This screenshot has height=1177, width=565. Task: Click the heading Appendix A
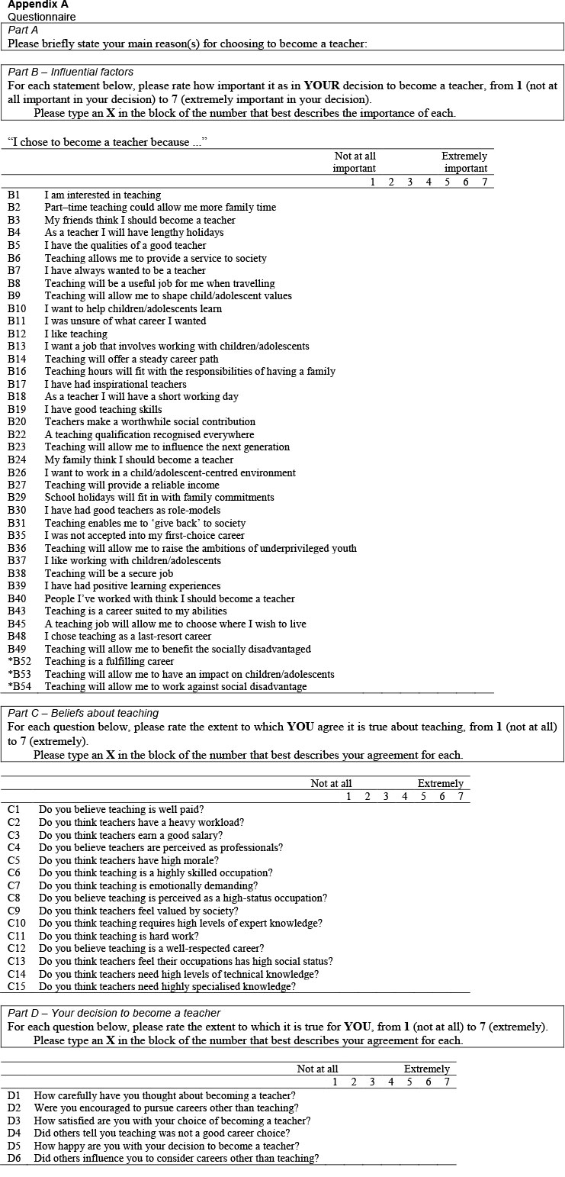[x=37, y=4]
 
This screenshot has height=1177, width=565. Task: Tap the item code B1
[x=14, y=195]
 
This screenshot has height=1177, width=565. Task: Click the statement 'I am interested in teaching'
[x=102, y=195]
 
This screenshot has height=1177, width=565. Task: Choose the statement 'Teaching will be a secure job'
[x=109, y=573]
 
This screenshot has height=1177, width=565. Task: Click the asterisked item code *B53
[x=19, y=674]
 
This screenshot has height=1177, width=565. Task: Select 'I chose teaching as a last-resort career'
[x=127, y=636]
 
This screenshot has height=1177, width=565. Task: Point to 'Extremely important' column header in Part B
[x=464, y=162]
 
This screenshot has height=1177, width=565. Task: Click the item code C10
[x=17, y=923]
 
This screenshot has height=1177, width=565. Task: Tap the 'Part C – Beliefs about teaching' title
[x=83, y=713]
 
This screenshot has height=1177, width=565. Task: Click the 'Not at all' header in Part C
[x=331, y=783]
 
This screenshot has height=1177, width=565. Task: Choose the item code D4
[x=14, y=1133]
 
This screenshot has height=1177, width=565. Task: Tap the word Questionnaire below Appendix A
[x=41, y=16]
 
